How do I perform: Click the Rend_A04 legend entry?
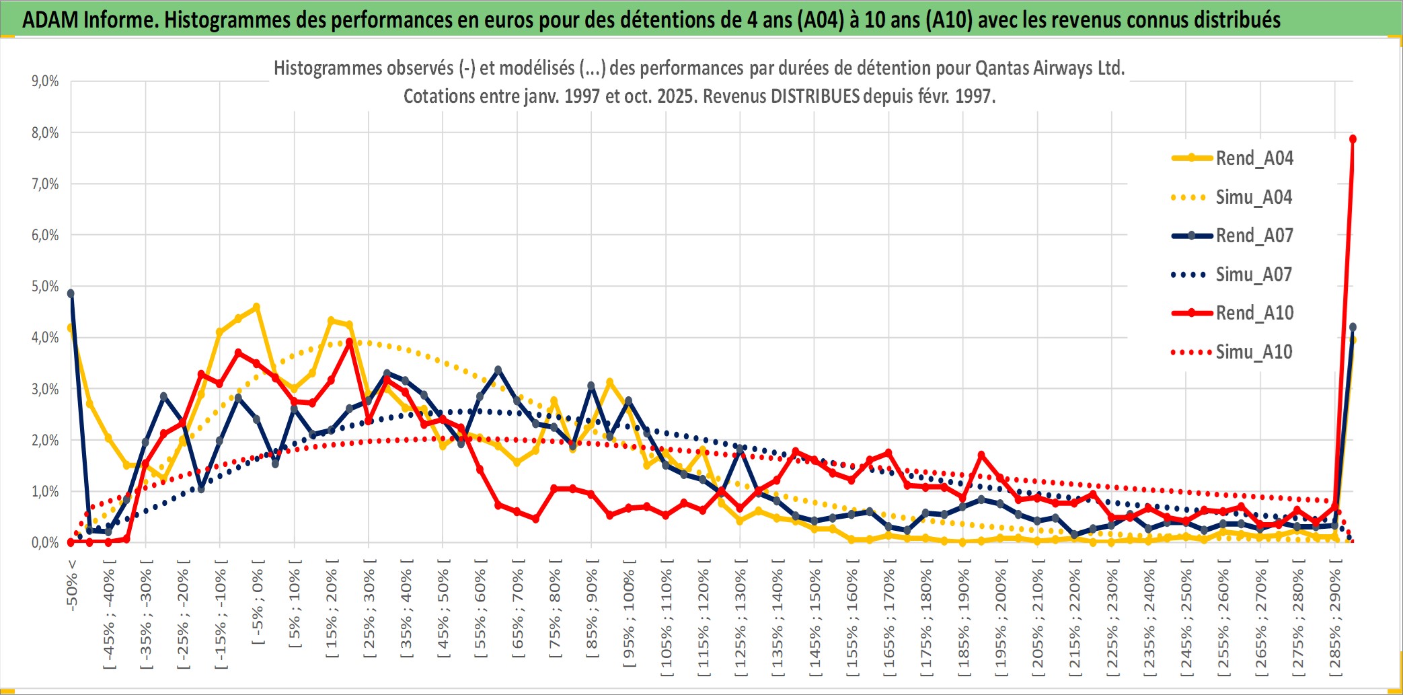point(1254,158)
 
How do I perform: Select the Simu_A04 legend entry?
point(1254,197)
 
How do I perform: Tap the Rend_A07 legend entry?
point(1254,235)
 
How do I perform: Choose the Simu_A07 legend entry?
point(1254,275)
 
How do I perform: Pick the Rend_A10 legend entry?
point(1254,313)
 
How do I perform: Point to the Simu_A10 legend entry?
point(1254,352)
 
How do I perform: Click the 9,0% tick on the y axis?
point(45,81)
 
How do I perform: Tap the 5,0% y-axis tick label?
point(45,287)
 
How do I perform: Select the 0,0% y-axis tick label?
point(45,543)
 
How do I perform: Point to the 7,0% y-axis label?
point(45,184)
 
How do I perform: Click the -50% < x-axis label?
point(72,585)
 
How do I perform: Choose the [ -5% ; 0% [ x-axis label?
point(258,601)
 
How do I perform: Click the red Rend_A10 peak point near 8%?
point(1353,139)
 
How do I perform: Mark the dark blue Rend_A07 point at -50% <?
point(71,293)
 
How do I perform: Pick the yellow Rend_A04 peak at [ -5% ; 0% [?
point(256,307)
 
